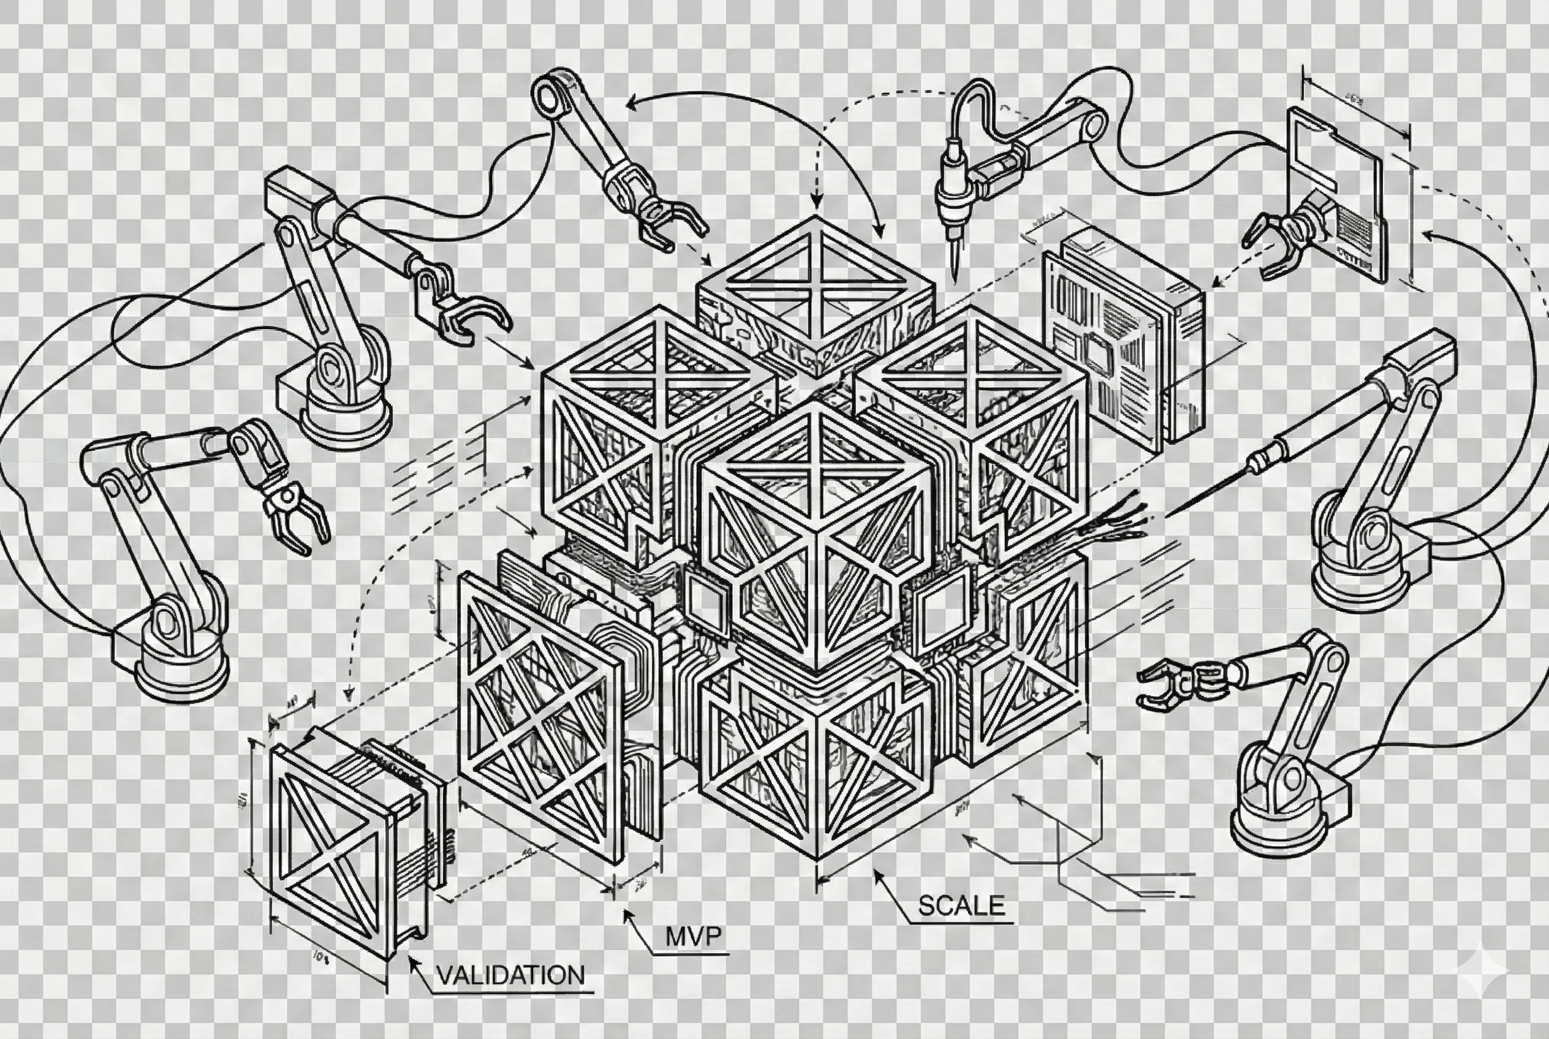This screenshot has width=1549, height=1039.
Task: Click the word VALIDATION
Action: click(x=510, y=975)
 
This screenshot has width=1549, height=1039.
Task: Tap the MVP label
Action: click(x=693, y=936)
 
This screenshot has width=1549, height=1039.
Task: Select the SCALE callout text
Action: click(x=961, y=905)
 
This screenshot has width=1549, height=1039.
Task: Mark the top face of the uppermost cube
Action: click(x=816, y=282)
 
